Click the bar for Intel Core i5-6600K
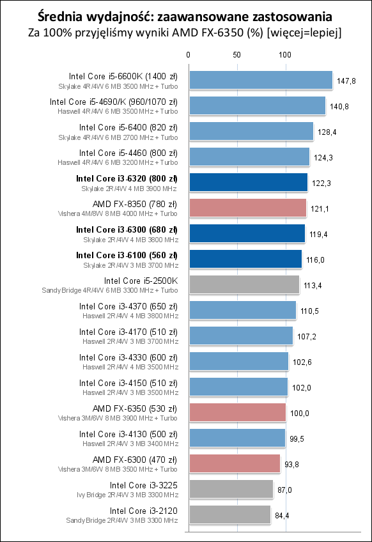[260, 80]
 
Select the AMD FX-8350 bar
[247, 208]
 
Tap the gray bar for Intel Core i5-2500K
[244, 284]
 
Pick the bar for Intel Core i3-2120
[229, 515]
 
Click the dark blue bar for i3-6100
[245, 259]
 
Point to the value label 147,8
[346, 81]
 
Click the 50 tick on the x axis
[237, 55]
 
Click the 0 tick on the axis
[188, 55]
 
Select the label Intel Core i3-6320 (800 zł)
[127, 178]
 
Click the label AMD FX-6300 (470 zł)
[136, 460]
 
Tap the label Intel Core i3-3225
[144, 485]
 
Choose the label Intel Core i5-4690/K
[114, 102]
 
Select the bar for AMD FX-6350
[237, 412]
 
